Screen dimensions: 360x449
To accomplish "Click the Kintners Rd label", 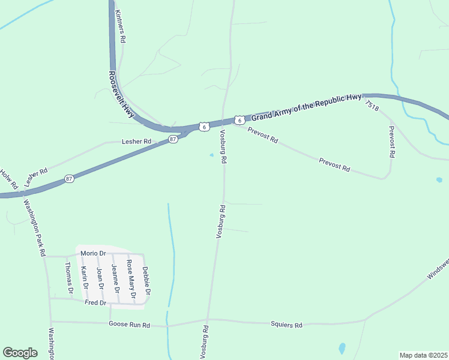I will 120,26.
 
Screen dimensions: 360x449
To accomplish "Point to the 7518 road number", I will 372,106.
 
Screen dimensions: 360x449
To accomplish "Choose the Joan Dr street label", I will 100,278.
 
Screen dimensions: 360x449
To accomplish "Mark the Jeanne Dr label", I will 115,278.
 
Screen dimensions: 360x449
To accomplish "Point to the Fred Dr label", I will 95,303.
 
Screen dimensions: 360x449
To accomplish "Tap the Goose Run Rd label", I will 128,325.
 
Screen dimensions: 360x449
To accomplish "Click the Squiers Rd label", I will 290,325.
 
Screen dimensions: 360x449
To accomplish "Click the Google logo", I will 20,353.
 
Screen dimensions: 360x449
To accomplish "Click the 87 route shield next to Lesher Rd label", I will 173,139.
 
